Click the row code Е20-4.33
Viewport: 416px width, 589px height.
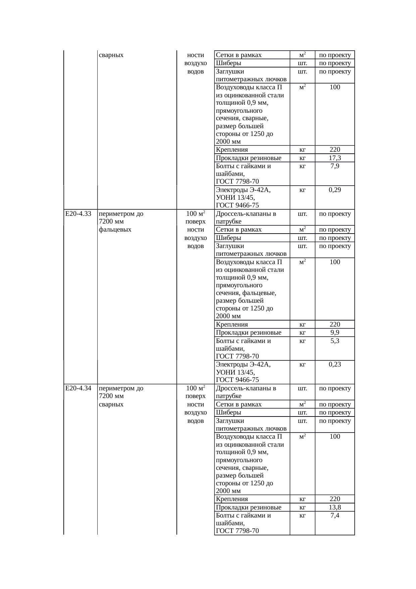pyautogui.click(x=79, y=214)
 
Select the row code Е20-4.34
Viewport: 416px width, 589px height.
pyautogui.click(x=79, y=388)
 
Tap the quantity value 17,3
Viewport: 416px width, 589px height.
pyautogui.click(x=335, y=158)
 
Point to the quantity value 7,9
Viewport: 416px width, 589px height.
pyautogui.click(x=335, y=166)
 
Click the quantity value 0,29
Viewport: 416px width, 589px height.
pyautogui.click(x=335, y=190)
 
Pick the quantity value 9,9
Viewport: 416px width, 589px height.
pyautogui.click(x=335, y=333)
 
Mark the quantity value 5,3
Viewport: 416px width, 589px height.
pyautogui.click(x=335, y=341)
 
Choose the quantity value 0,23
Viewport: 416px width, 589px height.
pyautogui.click(x=335, y=364)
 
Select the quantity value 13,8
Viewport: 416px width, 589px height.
pyautogui.click(x=335, y=507)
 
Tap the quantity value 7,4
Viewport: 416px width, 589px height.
pyautogui.click(x=335, y=515)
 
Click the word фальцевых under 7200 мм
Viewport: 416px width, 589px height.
pyautogui.click(x=115, y=230)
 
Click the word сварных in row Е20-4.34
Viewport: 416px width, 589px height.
pyautogui.click(x=111, y=404)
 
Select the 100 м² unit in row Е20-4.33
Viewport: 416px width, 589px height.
pyautogui.click(x=196, y=214)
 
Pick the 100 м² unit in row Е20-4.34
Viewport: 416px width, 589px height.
pyautogui.click(x=196, y=388)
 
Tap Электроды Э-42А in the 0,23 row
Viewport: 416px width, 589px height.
pyautogui.click(x=243, y=364)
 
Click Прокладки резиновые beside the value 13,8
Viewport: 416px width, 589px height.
pyautogui.click(x=249, y=507)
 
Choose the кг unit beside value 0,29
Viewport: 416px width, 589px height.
pyautogui.click(x=302, y=190)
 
